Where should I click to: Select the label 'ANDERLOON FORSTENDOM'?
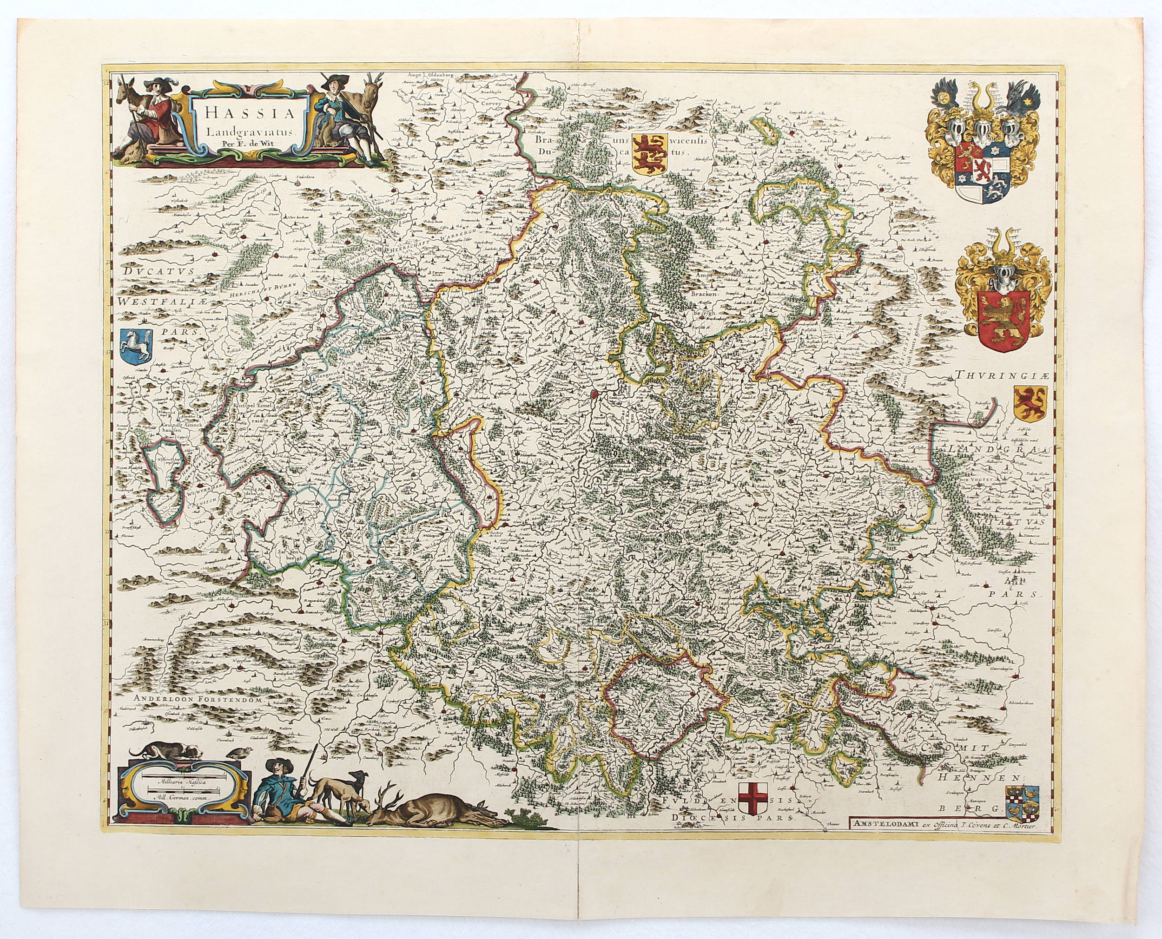click(x=198, y=699)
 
